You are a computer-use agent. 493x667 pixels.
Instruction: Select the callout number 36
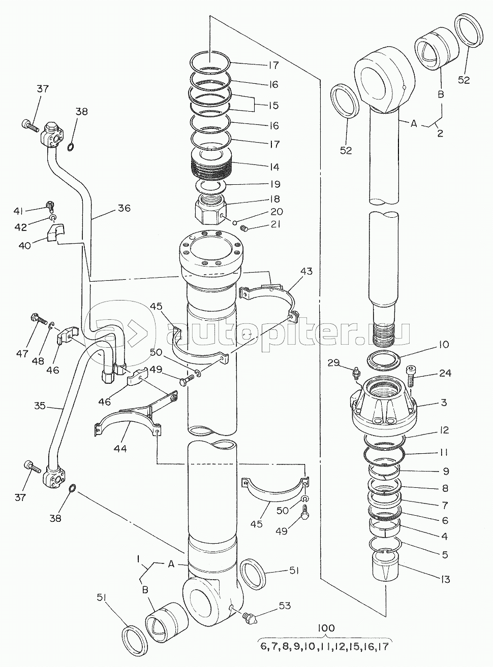[x=124, y=208]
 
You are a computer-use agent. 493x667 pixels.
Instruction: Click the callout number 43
[x=306, y=271]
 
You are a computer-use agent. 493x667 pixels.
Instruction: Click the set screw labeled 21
[x=244, y=230]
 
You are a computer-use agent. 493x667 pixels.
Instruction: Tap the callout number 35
[x=40, y=406]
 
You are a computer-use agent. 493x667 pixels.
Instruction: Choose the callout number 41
[x=18, y=212]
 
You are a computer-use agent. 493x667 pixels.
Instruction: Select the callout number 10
[x=443, y=344]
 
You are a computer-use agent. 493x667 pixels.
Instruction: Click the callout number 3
[x=444, y=402]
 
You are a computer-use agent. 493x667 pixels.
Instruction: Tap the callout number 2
[x=440, y=133]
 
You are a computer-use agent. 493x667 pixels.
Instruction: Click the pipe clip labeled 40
[x=56, y=232]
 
